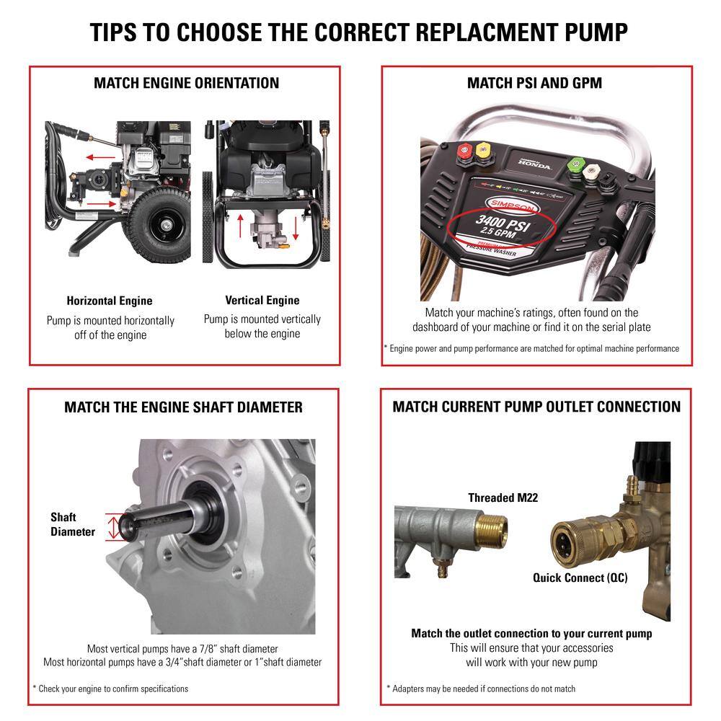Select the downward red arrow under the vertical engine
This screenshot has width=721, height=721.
(x=296, y=229)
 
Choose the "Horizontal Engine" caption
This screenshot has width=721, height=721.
(x=110, y=301)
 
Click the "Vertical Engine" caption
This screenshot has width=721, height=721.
(x=262, y=300)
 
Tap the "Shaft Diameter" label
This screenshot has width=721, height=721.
(x=72, y=524)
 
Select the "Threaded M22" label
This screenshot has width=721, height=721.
(x=503, y=497)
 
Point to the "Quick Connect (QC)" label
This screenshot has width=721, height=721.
(x=580, y=578)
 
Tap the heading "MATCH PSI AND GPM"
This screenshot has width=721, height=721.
(x=534, y=83)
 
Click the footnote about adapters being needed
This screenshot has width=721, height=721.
(x=481, y=689)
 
